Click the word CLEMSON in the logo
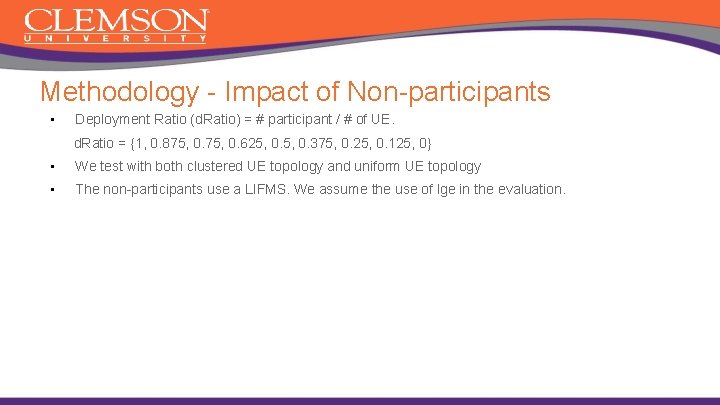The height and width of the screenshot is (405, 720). click(x=116, y=21)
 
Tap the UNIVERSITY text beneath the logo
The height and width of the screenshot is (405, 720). click(x=116, y=39)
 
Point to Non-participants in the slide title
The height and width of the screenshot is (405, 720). click(x=448, y=92)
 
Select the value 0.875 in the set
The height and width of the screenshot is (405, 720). click(x=168, y=144)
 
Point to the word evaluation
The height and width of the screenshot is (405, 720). click(x=529, y=189)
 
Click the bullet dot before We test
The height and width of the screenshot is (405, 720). click(x=49, y=167)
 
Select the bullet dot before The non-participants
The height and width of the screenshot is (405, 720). click(x=49, y=189)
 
